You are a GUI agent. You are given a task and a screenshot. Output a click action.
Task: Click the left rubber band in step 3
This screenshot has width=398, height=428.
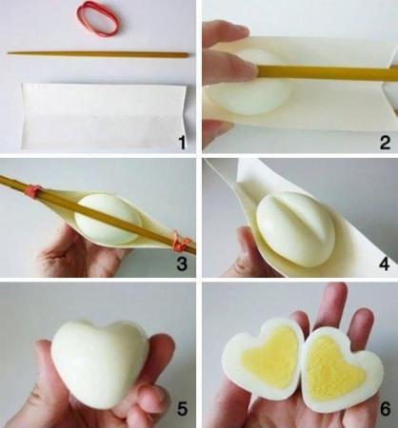point(33,192)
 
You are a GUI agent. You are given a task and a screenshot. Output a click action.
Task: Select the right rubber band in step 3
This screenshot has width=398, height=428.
point(180,245)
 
